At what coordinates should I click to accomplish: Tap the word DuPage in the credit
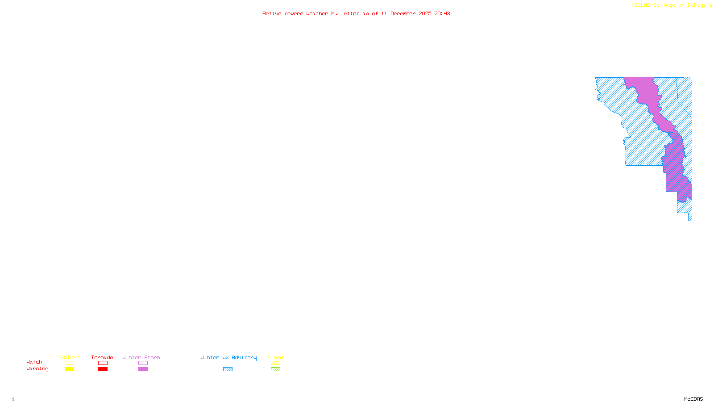(697, 5)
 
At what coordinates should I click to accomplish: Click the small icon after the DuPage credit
(710, 5)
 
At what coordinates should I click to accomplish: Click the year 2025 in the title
(425, 14)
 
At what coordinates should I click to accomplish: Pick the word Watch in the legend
(34, 362)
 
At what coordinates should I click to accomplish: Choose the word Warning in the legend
(37, 369)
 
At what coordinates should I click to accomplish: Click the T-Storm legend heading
(69, 357)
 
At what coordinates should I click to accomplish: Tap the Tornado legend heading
(102, 357)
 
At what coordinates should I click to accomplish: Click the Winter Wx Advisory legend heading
(228, 357)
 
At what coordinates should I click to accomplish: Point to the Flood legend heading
(275, 357)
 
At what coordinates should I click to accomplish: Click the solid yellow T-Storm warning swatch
(69, 369)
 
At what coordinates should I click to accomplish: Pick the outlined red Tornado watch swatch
(103, 363)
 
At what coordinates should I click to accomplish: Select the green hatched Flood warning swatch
(275, 369)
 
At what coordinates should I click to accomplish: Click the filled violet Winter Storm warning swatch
(143, 369)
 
